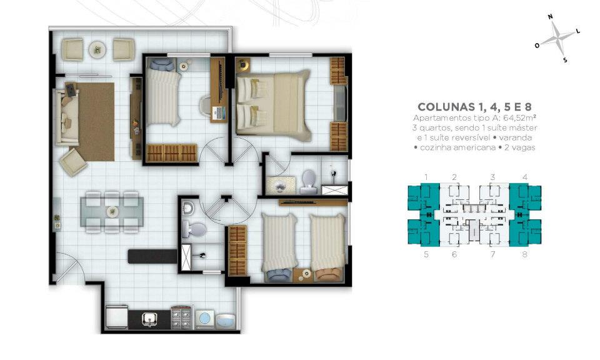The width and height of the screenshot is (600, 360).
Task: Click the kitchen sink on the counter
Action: point(149,318)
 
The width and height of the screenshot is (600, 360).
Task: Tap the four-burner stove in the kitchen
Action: point(181,317)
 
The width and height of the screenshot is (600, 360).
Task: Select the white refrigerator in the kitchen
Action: point(116,317)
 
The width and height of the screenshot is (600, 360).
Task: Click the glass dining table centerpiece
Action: point(112,211)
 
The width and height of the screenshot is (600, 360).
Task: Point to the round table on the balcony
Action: point(97,49)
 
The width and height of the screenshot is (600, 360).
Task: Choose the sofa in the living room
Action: point(67,117)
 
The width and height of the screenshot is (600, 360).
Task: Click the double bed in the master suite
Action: point(273,104)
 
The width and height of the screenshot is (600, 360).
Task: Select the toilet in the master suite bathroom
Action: point(308,182)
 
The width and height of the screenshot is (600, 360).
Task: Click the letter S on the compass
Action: point(565,60)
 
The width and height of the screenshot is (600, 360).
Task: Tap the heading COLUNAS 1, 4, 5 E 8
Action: point(474,107)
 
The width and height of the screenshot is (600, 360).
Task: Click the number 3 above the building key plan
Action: point(492,177)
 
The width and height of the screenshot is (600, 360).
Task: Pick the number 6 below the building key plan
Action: point(454,254)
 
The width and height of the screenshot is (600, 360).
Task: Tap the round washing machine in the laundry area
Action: point(204,318)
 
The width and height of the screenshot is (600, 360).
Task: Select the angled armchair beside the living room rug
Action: point(73,162)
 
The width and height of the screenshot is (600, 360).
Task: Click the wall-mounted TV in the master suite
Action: point(340,104)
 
